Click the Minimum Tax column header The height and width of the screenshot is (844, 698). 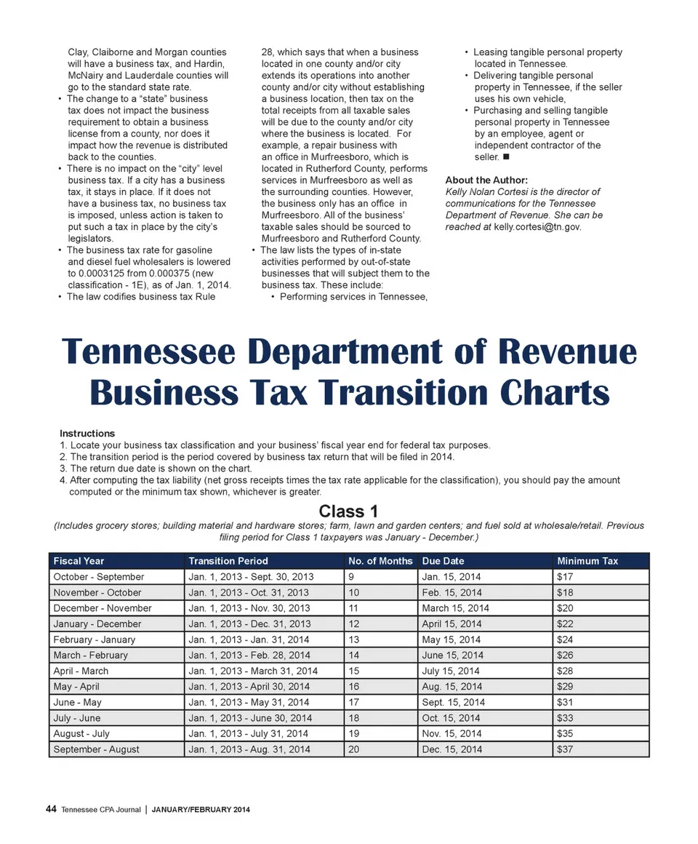[587, 561]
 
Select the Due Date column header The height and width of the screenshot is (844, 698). [443, 561]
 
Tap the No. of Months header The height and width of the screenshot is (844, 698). [380, 561]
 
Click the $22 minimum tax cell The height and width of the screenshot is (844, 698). [565, 624]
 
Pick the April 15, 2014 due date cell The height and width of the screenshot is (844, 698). [452, 624]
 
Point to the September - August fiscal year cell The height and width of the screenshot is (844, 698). [96, 749]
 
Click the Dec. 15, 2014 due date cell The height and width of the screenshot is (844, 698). [452, 749]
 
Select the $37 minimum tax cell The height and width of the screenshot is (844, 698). [565, 749]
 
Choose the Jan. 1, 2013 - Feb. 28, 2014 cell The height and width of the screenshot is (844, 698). [249, 655]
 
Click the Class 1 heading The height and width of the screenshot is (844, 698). [348, 511]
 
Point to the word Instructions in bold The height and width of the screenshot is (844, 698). [87, 433]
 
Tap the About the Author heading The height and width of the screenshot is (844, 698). [486, 180]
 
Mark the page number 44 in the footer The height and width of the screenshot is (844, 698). [51, 809]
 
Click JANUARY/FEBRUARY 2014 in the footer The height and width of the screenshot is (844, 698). [201, 810]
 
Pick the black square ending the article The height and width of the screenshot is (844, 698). [505, 157]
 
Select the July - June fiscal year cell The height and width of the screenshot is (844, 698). [77, 718]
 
